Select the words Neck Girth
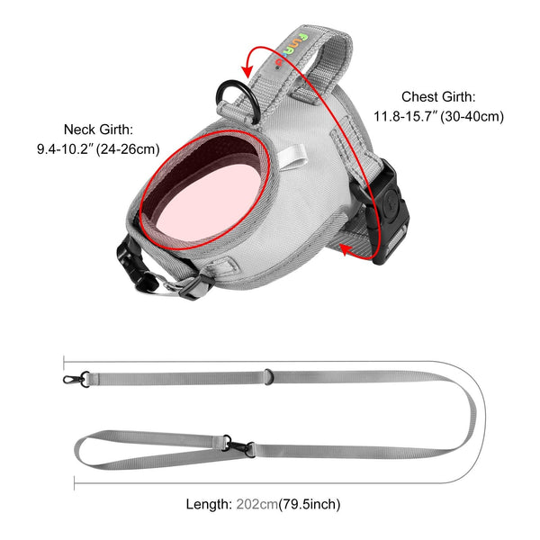(98, 130)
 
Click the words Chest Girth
(438, 97)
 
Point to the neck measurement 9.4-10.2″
(66, 149)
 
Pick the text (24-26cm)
(128, 149)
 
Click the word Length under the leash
(209, 504)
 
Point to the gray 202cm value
(256, 504)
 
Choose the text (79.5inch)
(310, 505)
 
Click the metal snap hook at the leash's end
(76, 379)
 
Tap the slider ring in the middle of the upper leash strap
(268, 377)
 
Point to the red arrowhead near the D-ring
(247, 70)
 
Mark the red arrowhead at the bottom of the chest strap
(346, 249)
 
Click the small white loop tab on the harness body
(292, 156)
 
